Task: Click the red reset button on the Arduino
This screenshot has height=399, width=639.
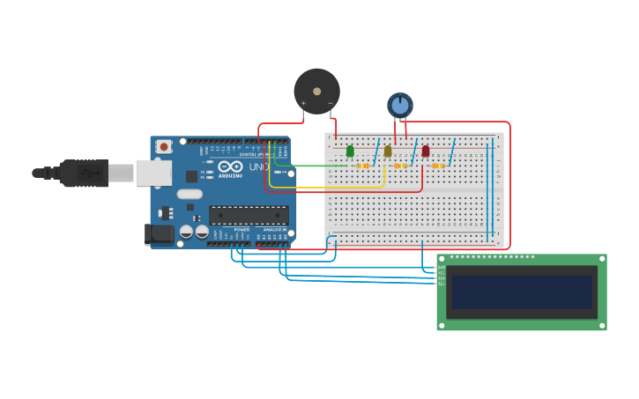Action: coord(164,147)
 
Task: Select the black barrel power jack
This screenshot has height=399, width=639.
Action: coord(159,233)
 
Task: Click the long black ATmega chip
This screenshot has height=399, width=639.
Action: coord(249,215)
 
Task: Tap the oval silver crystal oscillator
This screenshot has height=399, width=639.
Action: coord(189,194)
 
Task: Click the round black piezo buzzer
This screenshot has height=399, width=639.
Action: coord(316,91)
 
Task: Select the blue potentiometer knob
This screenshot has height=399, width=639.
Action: coord(400,105)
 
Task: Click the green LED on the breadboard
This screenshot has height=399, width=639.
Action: coord(350,151)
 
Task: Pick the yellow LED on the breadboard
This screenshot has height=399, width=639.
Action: coord(388,151)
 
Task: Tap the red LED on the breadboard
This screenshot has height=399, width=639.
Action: coord(426,151)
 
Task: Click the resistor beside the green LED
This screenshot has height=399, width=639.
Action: coord(363,166)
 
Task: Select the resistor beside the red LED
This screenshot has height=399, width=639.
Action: coord(438,166)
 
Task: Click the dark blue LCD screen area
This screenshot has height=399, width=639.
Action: coord(522,292)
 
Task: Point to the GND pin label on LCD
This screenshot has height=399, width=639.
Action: coord(442,267)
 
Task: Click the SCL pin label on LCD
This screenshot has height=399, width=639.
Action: coord(442,284)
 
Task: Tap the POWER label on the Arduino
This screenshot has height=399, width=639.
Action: coord(241,230)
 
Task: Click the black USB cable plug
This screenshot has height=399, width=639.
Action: coord(84,173)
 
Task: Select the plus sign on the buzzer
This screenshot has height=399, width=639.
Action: coord(304,103)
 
